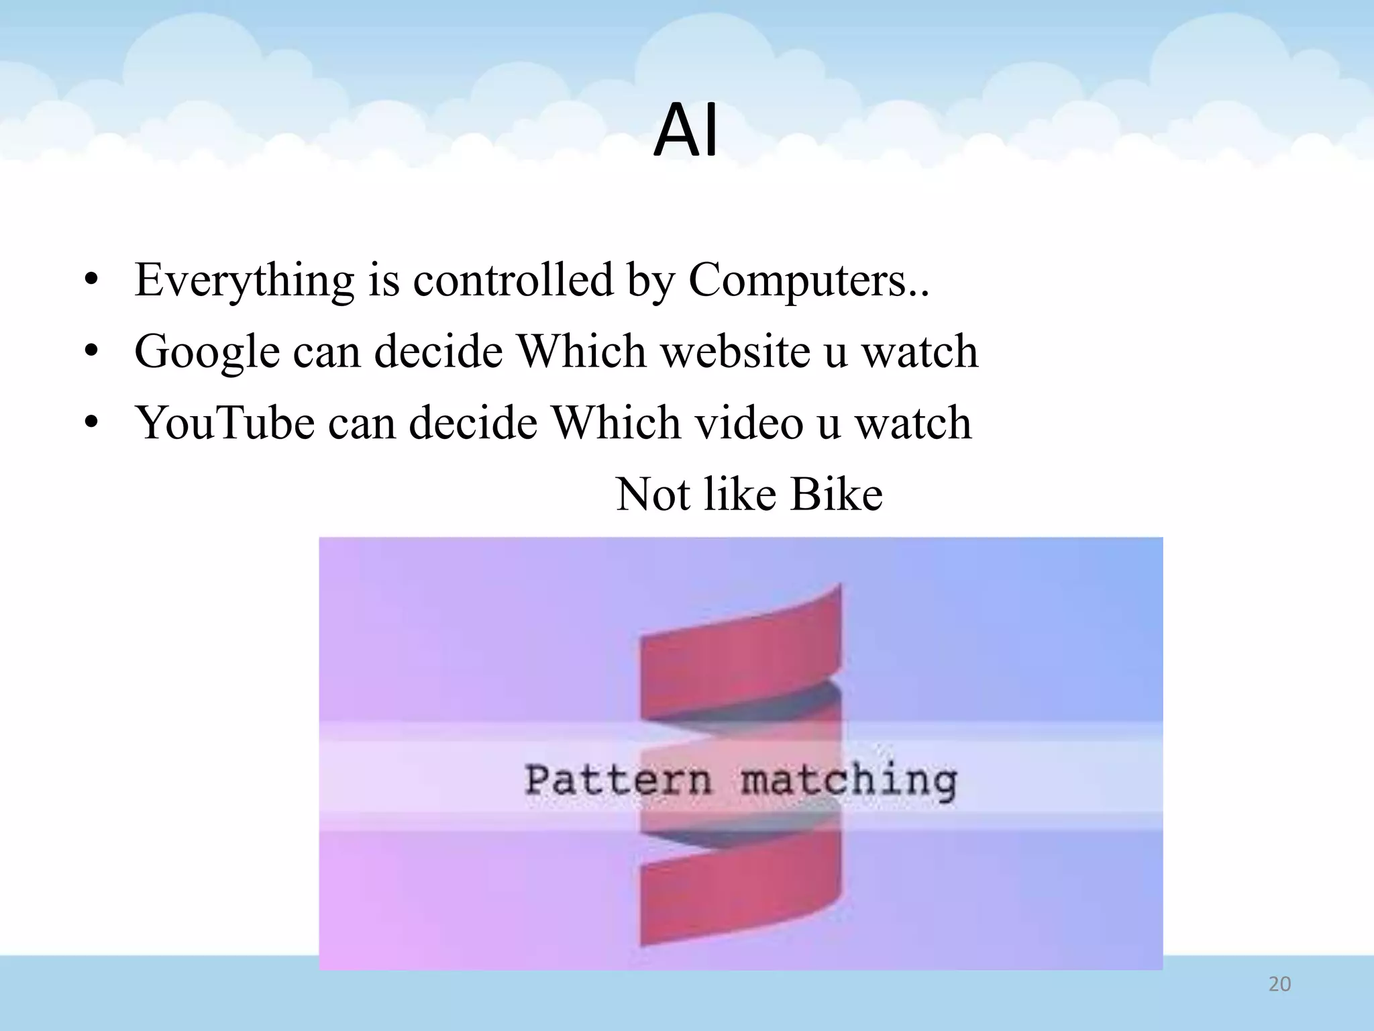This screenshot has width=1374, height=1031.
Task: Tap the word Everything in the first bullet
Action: click(244, 281)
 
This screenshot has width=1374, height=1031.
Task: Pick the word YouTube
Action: click(225, 424)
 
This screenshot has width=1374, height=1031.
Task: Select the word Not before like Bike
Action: click(653, 495)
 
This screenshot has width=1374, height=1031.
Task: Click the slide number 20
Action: click(1279, 984)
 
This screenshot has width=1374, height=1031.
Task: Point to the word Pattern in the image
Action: click(617, 781)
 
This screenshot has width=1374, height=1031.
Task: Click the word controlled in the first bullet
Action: click(513, 281)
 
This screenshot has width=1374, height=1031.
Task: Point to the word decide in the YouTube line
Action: click(473, 424)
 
